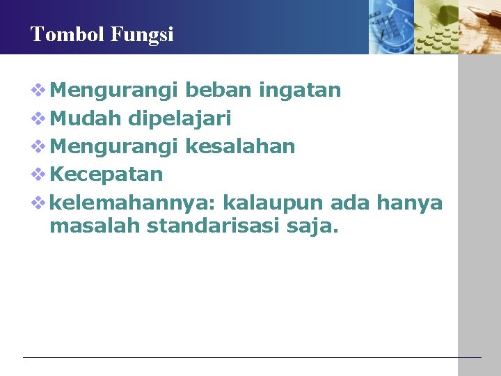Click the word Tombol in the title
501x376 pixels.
coord(67,34)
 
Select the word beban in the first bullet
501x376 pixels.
coord(221,90)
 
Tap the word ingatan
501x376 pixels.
coord(300,90)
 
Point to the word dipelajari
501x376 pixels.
coord(180,119)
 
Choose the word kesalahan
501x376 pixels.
coord(240,146)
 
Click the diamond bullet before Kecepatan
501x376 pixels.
coord(40,175)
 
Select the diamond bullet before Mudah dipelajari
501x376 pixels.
coord(40,118)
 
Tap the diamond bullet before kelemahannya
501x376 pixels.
coord(40,203)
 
